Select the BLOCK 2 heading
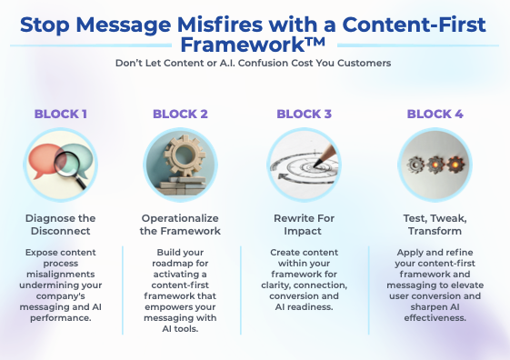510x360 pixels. (x=180, y=114)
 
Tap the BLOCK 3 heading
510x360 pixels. (x=305, y=114)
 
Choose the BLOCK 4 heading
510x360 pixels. (x=435, y=114)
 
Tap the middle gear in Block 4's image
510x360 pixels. (x=435, y=164)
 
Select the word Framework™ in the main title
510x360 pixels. (x=255, y=45)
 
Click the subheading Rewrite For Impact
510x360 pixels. (x=305, y=225)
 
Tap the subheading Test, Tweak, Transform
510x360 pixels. (x=435, y=225)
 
